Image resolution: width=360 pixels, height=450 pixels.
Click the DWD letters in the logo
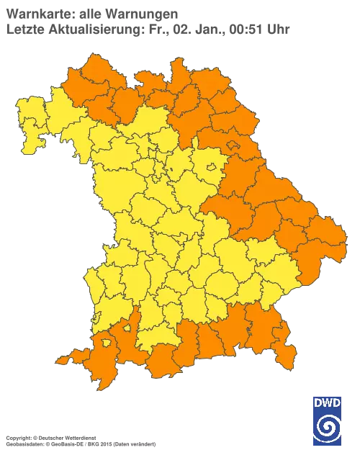[x=328, y=401]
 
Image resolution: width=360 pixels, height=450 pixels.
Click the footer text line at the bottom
[x=65, y=437]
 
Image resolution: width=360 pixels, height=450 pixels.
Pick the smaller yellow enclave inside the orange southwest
[x=128, y=328]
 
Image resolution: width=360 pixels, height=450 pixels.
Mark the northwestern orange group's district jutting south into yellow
[x=127, y=108]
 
